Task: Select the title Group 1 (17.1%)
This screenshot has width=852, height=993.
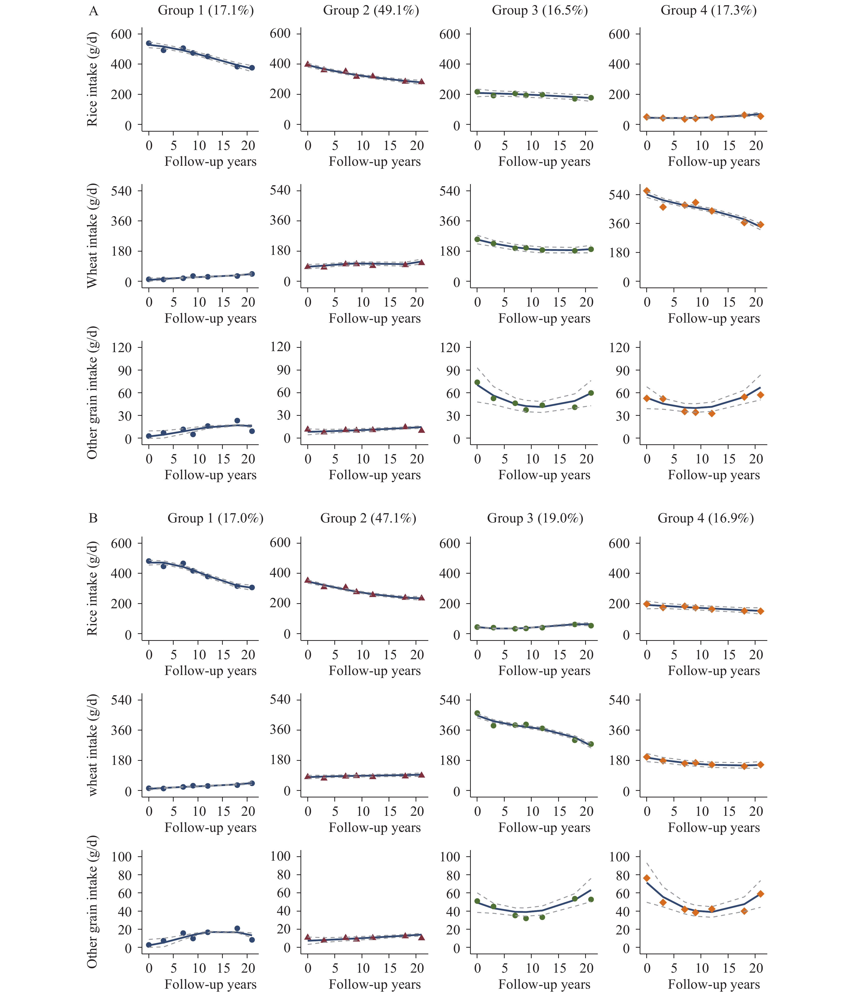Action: [x=206, y=10]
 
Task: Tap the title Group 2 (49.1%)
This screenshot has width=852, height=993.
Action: [x=371, y=10]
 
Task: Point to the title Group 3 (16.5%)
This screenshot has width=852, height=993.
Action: [x=540, y=10]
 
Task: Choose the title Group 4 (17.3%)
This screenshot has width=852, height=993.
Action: [x=709, y=10]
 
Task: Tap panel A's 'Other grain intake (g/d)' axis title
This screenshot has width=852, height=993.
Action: [x=92, y=393]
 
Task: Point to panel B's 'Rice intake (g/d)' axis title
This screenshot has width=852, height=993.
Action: [x=92, y=588]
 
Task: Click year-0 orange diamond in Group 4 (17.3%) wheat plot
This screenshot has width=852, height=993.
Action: [x=647, y=191]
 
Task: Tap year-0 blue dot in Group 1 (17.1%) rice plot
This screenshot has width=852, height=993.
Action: [x=148, y=43]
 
